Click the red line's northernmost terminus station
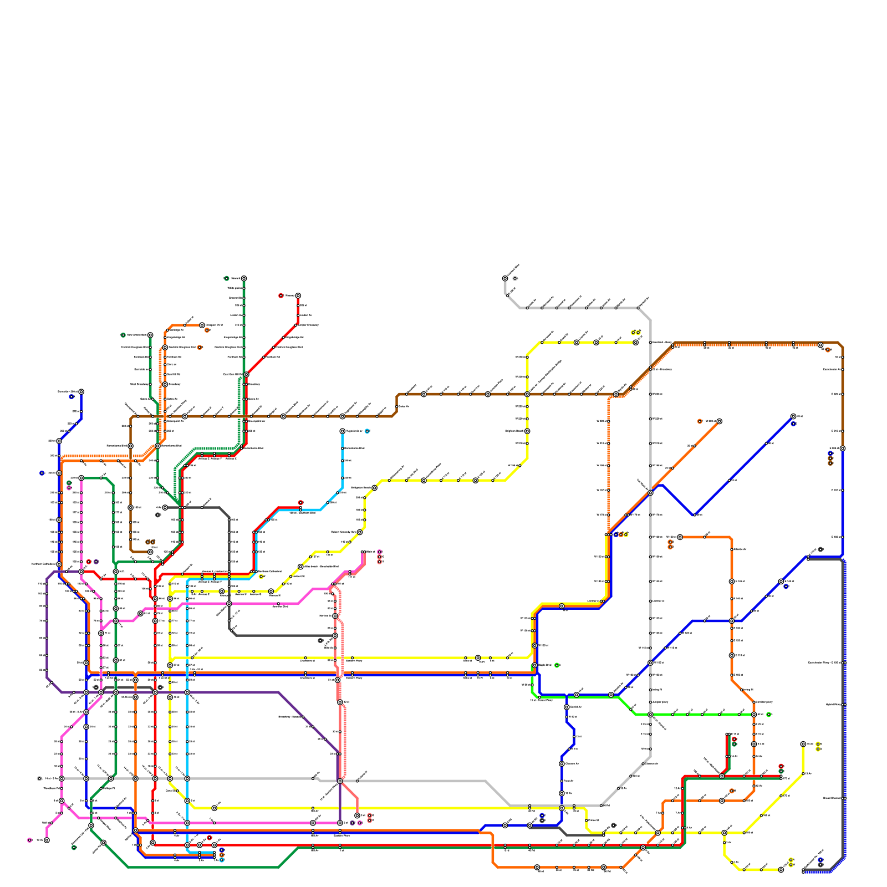click(x=298, y=295)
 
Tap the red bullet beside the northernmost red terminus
click(x=281, y=295)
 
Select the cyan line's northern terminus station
click(x=342, y=431)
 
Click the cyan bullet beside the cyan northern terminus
click(x=367, y=431)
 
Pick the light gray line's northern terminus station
click(x=504, y=278)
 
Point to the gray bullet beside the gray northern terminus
click(x=515, y=278)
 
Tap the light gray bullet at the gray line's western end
click(x=39, y=778)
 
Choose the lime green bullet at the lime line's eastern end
click(x=768, y=714)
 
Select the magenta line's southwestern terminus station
click(x=47, y=840)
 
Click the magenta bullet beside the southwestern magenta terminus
click(x=29, y=840)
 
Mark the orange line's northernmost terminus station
click(x=202, y=325)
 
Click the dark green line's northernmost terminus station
click(x=243, y=278)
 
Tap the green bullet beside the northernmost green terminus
click(x=226, y=278)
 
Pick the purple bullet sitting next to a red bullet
click(x=96, y=562)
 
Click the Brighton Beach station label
click(x=514, y=431)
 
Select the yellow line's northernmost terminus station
click(x=635, y=342)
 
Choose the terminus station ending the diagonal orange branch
click(x=719, y=421)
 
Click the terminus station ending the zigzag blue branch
click(x=793, y=416)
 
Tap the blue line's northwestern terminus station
click(x=81, y=391)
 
